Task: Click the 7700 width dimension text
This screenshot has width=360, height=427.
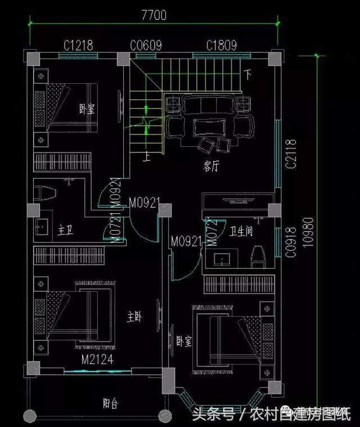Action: (x=154, y=15)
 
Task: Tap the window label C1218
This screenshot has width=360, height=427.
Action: (x=78, y=45)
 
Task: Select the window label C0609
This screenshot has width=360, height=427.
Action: (x=146, y=45)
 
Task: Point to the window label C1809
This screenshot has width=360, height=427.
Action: (x=221, y=45)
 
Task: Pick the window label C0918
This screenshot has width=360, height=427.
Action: (x=290, y=242)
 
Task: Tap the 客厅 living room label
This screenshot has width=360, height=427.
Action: (x=211, y=167)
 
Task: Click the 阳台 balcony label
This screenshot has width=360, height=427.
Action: (x=110, y=403)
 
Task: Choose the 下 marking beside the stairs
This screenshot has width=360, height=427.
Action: (x=247, y=74)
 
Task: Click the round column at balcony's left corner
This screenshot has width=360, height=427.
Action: (x=30, y=417)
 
